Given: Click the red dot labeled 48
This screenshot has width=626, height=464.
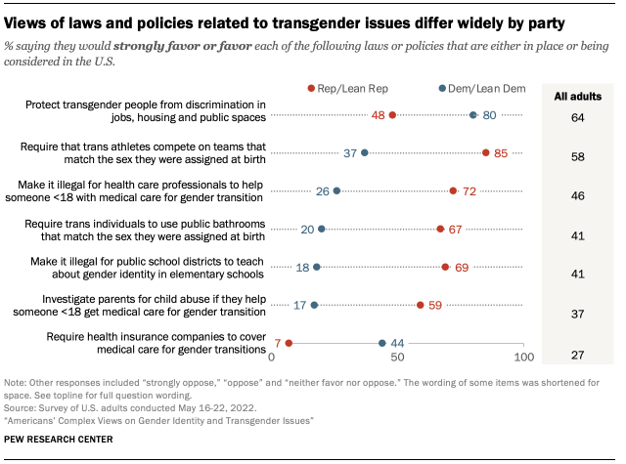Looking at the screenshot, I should [392, 115].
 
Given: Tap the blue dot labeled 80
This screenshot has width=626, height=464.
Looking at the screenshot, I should [473, 115].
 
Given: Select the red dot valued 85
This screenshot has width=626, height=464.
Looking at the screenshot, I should [486, 152].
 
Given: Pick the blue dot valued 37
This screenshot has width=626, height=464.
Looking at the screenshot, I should [365, 152].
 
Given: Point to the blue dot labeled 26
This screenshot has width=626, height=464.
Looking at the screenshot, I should [336, 191].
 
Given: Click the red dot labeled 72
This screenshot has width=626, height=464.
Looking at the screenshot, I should [453, 191].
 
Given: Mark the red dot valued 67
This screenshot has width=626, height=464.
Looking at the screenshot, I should [440, 229].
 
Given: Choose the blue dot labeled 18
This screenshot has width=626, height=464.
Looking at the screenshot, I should [316, 267].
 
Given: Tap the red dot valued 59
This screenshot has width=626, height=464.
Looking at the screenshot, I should [421, 305].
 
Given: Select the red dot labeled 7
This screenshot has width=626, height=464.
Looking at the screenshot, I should [289, 343].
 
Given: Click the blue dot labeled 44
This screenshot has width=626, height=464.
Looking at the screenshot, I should [382, 343].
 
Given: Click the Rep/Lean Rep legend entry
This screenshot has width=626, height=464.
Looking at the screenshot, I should [343, 88].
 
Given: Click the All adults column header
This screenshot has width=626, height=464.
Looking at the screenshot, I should [578, 97].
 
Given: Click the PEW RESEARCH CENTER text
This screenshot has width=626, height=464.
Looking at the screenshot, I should [58, 440].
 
